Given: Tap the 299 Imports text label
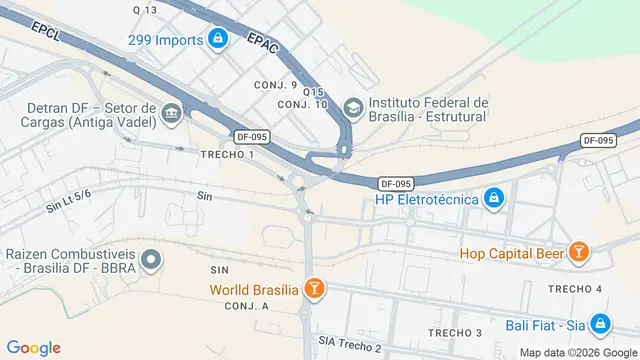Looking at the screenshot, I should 166,40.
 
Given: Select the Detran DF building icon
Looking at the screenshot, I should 172,113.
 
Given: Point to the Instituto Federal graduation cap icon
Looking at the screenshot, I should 353,107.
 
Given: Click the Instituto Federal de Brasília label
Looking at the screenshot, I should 428,109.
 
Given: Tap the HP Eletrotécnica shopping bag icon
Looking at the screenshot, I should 492,200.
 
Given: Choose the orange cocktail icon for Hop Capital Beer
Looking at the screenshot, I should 578,253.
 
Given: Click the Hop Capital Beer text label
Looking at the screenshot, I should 511,253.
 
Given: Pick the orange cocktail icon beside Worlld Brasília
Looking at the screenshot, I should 314,289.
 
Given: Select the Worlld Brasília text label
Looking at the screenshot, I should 254,290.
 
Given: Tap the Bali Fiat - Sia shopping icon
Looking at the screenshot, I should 600,324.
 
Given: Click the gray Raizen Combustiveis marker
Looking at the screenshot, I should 151,261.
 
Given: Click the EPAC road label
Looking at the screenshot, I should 262,41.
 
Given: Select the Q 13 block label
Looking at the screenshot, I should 145,10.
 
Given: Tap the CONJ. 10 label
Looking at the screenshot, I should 303,104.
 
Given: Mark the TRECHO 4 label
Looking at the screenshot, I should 575,289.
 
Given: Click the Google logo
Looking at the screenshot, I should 33,348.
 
